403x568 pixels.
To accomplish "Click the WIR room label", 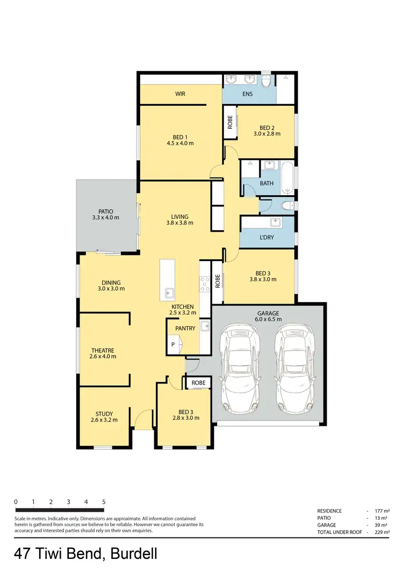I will (181, 94).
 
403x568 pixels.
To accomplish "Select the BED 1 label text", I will (181, 136).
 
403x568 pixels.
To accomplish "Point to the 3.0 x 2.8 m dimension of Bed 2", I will (267, 135).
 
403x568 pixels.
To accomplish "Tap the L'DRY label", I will (267, 237).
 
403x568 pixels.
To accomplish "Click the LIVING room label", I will (179, 217).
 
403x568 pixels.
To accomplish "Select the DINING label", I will (111, 283).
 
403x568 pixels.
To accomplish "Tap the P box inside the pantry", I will (173, 345).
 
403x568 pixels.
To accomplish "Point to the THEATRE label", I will (102, 350).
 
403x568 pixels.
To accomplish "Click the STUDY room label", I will (104, 414).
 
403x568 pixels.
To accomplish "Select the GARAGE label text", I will (267, 313).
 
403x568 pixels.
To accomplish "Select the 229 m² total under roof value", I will (382, 532).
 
